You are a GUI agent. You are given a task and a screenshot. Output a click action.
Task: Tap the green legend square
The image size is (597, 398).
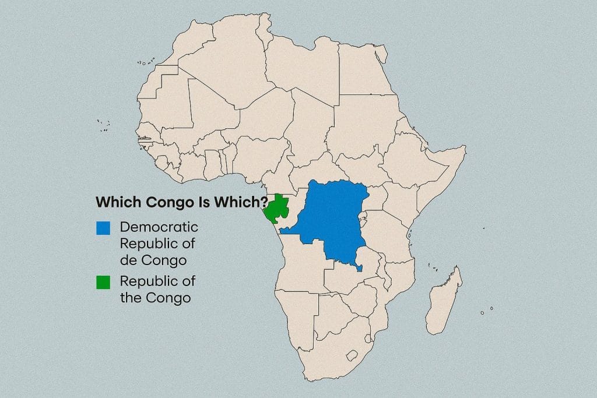104,283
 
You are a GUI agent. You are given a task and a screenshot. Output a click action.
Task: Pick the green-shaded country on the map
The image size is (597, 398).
276,210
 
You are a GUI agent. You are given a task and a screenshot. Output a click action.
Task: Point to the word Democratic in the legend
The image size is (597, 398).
159,227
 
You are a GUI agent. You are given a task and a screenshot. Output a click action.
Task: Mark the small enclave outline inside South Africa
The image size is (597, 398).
352,355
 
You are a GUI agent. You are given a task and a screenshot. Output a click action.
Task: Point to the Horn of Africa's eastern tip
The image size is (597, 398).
465,147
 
